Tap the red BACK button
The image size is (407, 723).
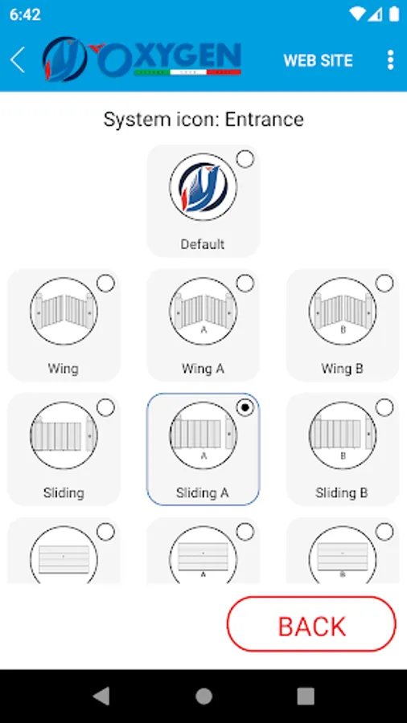click(x=311, y=624)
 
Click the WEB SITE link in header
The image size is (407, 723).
click(x=318, y=60)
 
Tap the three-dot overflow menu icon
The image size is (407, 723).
click(x=390, y=60)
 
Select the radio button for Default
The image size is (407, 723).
click(x=245, y=159)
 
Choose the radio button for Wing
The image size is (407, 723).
click(x=105, y=283)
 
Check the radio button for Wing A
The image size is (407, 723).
click(x=245, y=283)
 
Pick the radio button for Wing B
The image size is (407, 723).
click(x=384, y=283)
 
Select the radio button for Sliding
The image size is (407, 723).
click(x=105, y=407)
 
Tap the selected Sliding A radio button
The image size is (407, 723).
click(x=245, y=407)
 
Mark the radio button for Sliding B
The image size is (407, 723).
click(x=384, y=407)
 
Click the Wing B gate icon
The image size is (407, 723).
click(x=343, y=311)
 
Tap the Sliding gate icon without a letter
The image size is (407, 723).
click(x=64, y=435)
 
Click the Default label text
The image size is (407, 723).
click(x=203, y=244)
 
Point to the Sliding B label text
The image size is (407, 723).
click(x=342, y=493)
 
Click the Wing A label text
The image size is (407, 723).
click(x=203, y=369)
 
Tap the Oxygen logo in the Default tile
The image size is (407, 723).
click(x=203, y=187)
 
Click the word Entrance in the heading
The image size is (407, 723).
click(x=265, y=120)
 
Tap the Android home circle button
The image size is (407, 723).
click(x=203, y=696)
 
